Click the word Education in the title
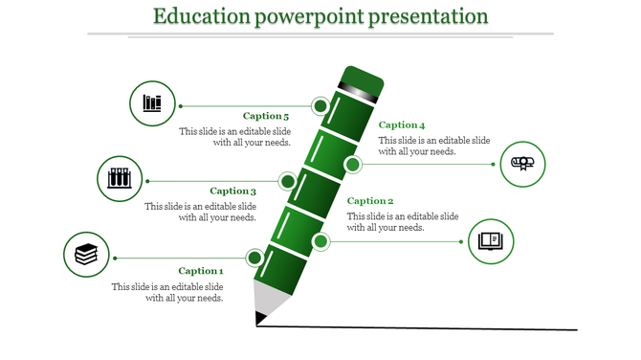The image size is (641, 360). pos(202,16)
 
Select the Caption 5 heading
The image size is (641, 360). pos(266,116)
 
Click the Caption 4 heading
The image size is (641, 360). pos(402,124)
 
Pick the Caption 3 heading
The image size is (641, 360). pos(233,191)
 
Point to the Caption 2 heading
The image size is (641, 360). pos(370,200)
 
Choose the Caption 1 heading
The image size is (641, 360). pos(201,271)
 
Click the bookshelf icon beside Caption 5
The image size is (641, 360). pos(152,103)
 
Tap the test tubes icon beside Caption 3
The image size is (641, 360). pos(120,178)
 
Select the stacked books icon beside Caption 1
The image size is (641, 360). pos(86,255)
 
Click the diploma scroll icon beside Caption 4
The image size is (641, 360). pos(523,164)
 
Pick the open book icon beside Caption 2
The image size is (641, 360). pos(491,240)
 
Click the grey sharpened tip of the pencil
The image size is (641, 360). pos(270,301)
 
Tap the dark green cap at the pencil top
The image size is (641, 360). pos(363,81)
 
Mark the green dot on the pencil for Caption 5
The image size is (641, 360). pos(320,105)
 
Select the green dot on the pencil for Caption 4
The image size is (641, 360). pos(353,165)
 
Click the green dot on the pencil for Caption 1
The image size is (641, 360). pos(254,258)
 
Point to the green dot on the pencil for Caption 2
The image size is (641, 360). pos(320,241)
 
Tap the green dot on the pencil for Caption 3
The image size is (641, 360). pos(287,181)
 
